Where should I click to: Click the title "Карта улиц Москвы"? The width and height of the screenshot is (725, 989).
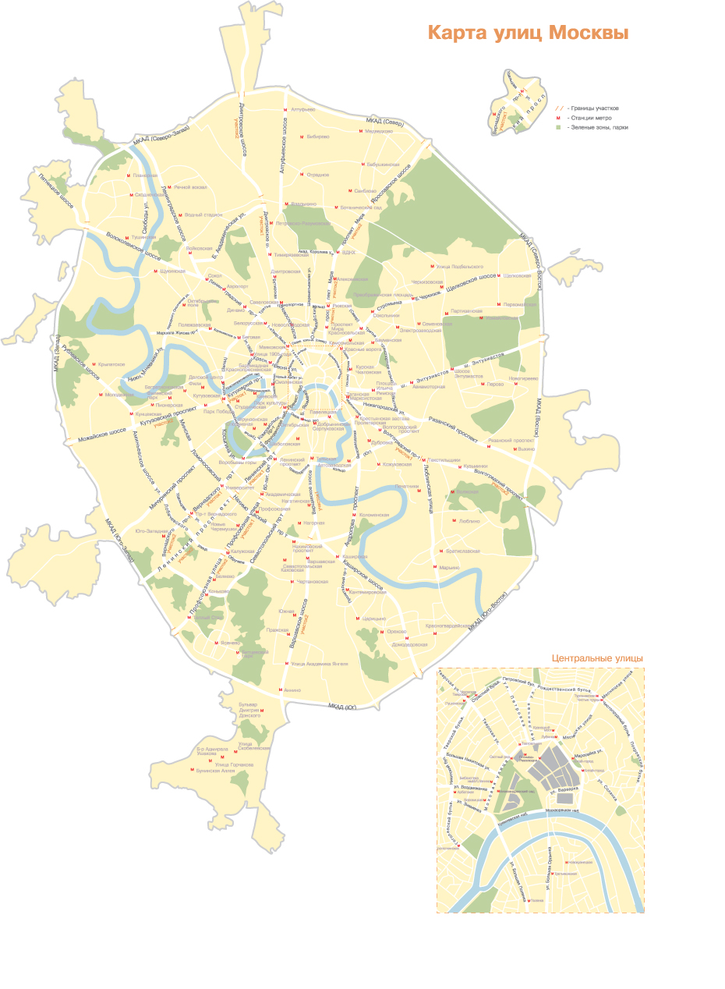tap(528, 34)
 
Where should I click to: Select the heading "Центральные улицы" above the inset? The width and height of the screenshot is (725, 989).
tap(597, 658)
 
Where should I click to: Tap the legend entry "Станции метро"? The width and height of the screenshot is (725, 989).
tap(596, 117)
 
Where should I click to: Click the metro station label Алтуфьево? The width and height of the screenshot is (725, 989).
tap(302, 110)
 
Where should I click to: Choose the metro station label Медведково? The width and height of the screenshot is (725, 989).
tap(379, 131)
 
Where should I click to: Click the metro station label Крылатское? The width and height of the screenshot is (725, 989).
tap(111, 364)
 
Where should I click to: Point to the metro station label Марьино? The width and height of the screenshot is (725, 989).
tap(450, 568)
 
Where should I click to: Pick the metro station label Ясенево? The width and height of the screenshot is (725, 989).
tap(228, 643)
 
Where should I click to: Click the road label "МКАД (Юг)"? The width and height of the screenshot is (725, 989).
tap(342, 707)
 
